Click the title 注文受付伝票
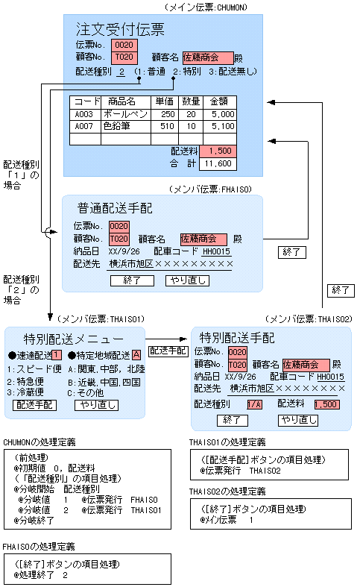pos(120,30)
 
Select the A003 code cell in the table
pos(83,114)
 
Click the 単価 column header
pos(165,101)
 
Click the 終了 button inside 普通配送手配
pos(132,281)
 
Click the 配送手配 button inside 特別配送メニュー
pos(34,405)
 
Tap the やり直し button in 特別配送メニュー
pos(95,405)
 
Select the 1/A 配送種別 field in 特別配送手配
pos(254,404)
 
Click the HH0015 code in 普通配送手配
pos(216,252)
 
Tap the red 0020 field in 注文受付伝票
pos(124,45)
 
